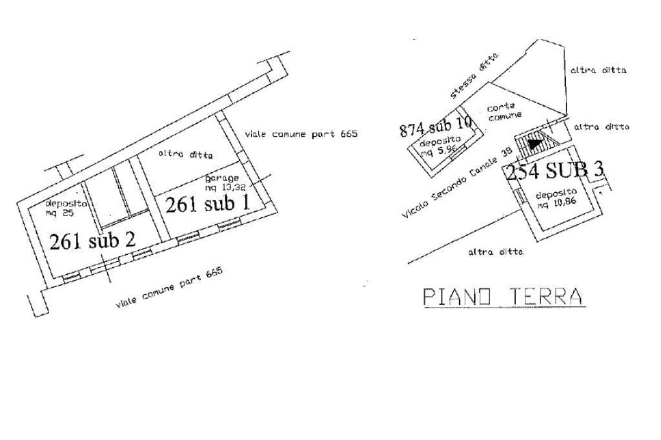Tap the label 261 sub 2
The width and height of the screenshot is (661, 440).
click(92, 241)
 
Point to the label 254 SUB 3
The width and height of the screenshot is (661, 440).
click(554, 171)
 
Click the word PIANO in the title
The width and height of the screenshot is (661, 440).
click(457, 296)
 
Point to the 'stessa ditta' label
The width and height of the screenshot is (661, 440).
click(475, 76)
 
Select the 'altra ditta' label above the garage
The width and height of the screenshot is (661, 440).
click(186, 154)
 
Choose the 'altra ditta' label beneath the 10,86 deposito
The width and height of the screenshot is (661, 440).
click(496, 252)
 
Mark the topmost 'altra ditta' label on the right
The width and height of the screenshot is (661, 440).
click(598, 70)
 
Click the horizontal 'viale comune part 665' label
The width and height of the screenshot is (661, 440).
click(301, 134)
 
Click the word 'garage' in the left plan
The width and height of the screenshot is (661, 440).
click(222, 178)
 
